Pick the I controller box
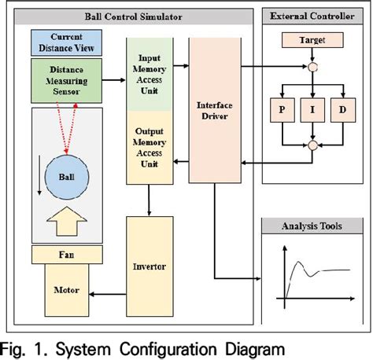[x=313, y=110]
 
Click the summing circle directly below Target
[x=313, y=68]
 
